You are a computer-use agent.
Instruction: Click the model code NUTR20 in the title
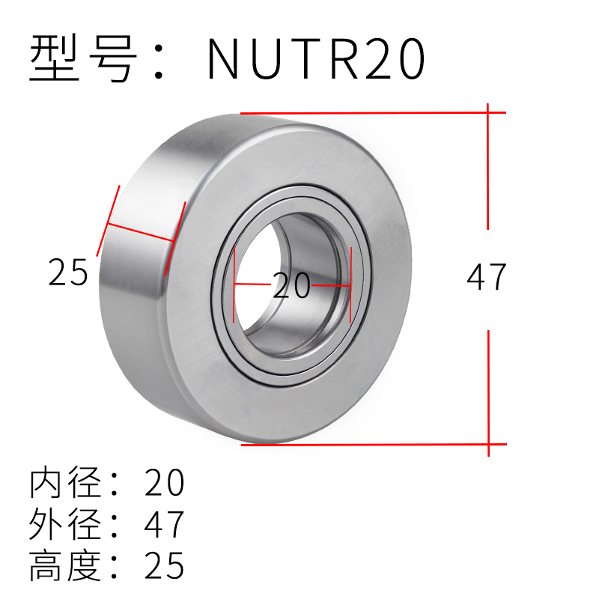click(316, 58)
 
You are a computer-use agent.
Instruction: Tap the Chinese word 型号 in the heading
click(82, 58)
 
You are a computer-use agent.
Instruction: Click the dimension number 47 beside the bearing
click(487, 277)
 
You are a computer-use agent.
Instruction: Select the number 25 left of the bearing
click(68, 272)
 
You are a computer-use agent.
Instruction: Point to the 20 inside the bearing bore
click(291, 286)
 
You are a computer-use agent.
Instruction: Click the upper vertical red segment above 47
click(488, 168)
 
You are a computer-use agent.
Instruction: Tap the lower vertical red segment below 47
click(488, 389)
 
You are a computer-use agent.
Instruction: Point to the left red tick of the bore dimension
click(234, 285)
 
